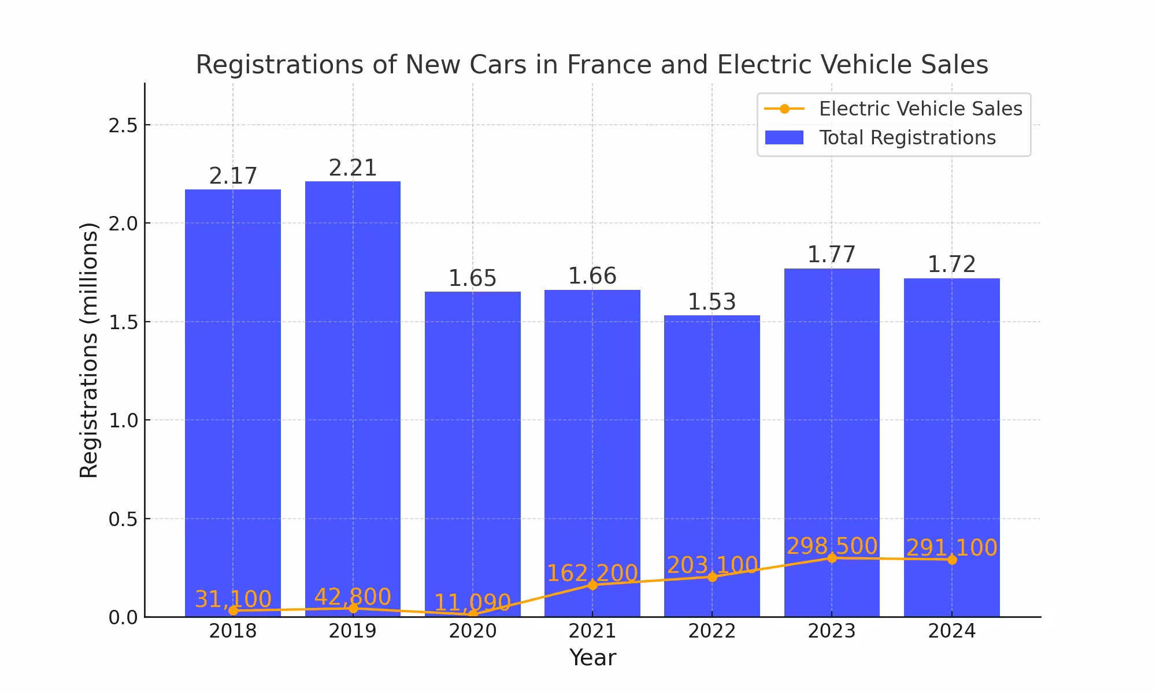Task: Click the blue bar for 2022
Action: (x=712, y=462)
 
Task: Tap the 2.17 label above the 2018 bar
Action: (x=233, y=177)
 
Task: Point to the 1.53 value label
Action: (x=712, y=303)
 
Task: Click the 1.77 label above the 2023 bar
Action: (x=831, y=255)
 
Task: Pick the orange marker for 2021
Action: (x=592, y=585)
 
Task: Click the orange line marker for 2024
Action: (x=952, y=560)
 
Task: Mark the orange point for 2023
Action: (x=832, y=558)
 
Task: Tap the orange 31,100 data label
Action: (x=233, y=599)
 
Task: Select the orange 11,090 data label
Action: (x=472, y=603)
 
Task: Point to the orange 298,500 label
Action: (x=832, y=546)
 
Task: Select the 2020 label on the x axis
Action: (x=472, y=631)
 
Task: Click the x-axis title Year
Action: (x=592, y=658)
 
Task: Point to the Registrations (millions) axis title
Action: (x=89, y=350)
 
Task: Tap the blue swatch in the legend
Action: (x=784, y=138)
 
